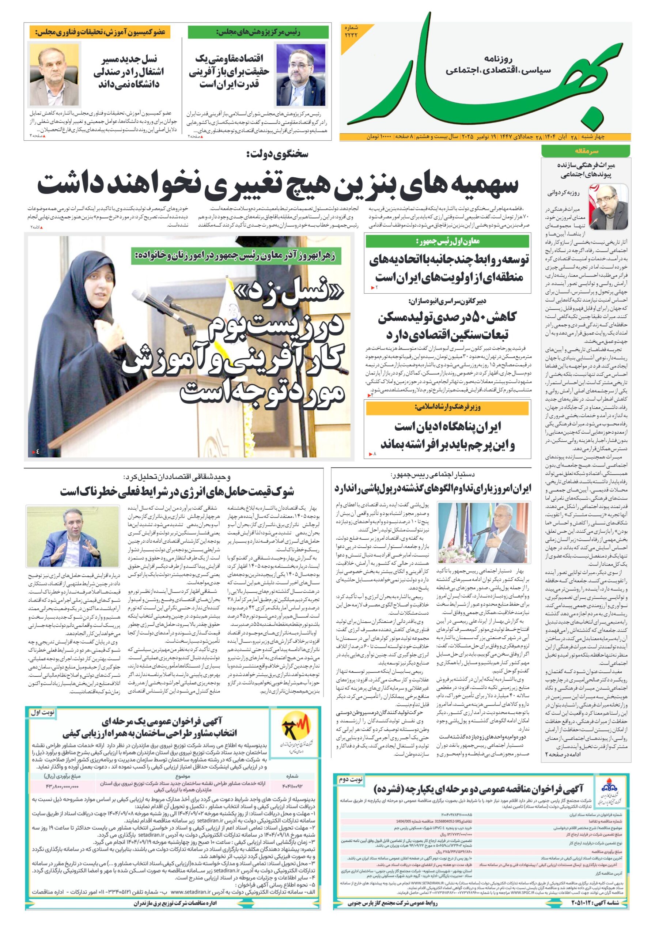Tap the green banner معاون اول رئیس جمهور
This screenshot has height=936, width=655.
point(447,241)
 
